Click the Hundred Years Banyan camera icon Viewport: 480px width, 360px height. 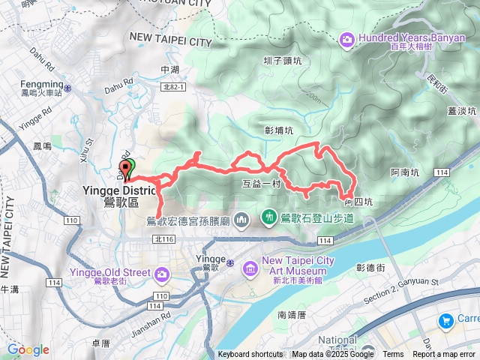(347, 38)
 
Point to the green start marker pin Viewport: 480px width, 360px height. (125, 169)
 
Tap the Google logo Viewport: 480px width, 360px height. (28, 349)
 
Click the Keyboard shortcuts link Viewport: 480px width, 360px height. (251, 355)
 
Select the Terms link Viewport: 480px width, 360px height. (393, 355)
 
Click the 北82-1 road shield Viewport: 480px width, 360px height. (172, 88)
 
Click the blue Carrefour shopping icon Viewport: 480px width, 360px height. (446, 321)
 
